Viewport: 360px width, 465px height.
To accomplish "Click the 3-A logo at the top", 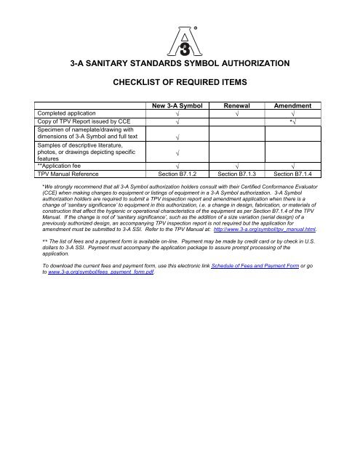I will click(180, 36).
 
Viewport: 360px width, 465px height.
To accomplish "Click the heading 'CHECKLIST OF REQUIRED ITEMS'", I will click(180, 84).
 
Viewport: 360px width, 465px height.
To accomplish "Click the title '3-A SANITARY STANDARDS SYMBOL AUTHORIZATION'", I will click(180, 64).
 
